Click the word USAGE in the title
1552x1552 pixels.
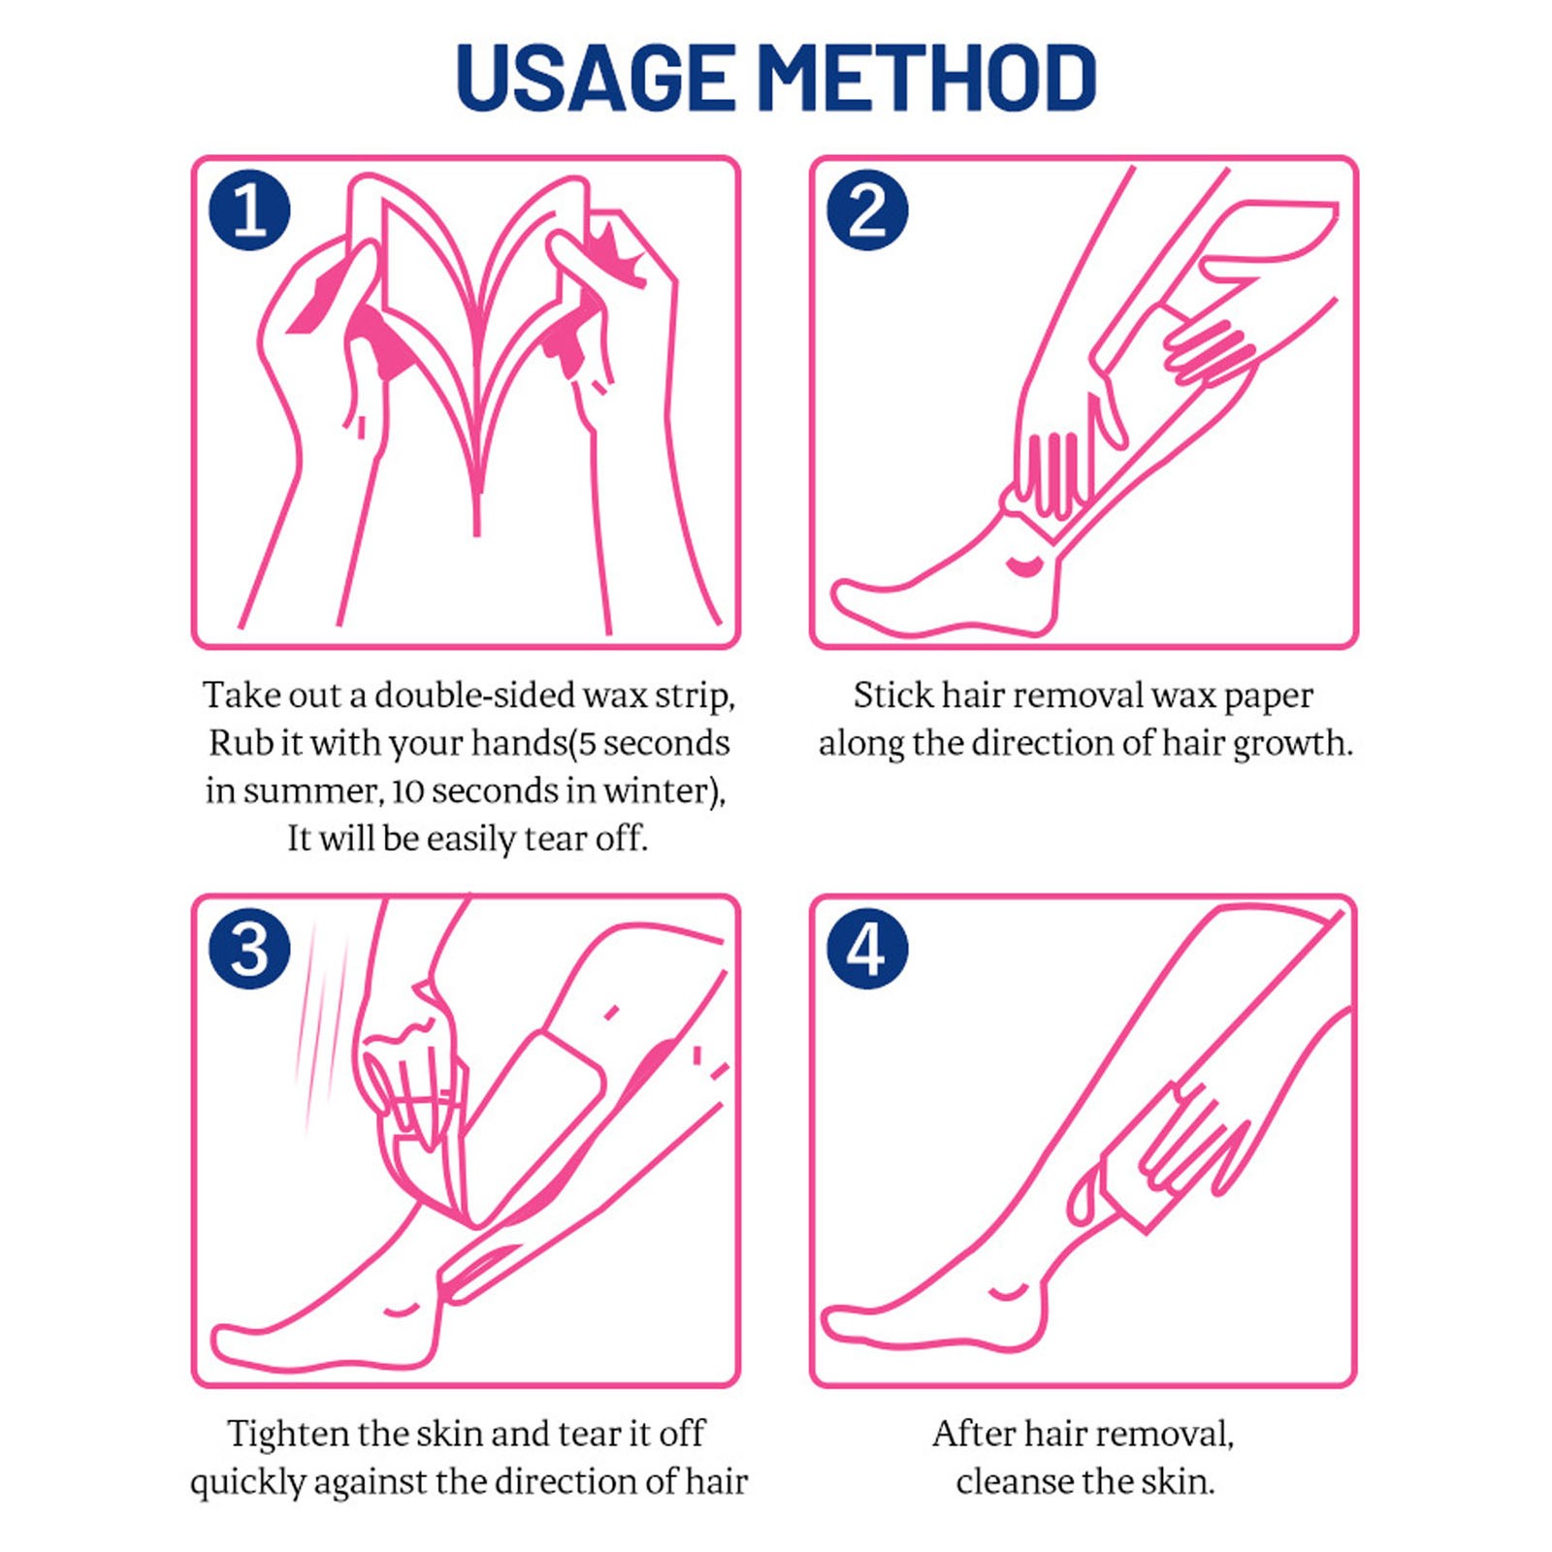(595, 78)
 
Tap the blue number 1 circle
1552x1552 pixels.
(249, 210)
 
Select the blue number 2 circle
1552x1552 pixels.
(867, 210)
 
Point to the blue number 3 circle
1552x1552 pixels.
(249, 949)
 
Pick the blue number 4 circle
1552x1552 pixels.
(867, 949)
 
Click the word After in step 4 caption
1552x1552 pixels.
(973, 1434)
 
